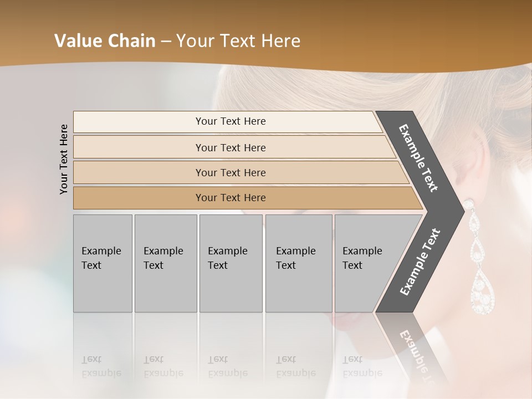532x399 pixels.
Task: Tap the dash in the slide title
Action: pyautogui.click(x=166, y=42)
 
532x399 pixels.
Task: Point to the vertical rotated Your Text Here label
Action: pyautogui.click(x=64, y=160)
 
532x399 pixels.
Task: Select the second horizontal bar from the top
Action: pyautogui.click(x=230, y=147)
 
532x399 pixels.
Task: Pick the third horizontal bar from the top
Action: pyautogui.click(x=230, y=172)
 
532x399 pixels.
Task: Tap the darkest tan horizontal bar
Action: pyautogui.click(x=230, y=198)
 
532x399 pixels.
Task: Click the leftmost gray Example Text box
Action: pyautogui.click(x=103, y=263)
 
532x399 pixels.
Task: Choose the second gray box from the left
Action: pyautogui.click(x=165, y=263)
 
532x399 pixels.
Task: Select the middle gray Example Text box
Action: pyautogui.click(x=231, y=263)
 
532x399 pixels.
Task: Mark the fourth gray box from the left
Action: pyautogui.click(x=298, y=263)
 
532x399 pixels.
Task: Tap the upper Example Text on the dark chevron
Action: pyautogui.click(x=419, y=158)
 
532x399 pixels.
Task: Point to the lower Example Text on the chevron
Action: pyautogui.click(x=420, y=262)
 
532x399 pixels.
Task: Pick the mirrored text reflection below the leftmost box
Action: pyautogui.click(x=101, y=366)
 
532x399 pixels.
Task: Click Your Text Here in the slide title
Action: pyautogui.click(x=238, y=41)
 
